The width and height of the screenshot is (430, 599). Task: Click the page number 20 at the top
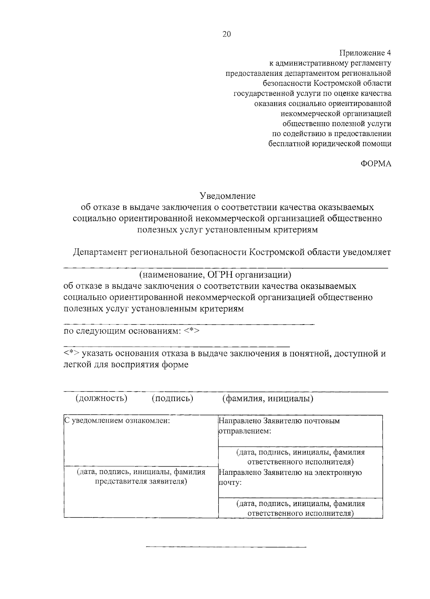point(226,34)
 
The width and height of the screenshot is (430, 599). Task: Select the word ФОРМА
point(376,164)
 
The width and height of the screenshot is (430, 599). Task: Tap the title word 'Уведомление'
point(227,196)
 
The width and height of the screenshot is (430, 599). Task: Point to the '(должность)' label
point(101,398)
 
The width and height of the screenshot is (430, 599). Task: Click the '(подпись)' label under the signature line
point(172,398)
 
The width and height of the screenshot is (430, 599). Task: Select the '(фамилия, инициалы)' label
point(268,398)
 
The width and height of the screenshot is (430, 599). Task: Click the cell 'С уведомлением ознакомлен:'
point(117,421)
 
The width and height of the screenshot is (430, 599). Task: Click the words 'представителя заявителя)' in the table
point(141,482)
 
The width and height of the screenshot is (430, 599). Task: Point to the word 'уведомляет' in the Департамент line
point(367,252)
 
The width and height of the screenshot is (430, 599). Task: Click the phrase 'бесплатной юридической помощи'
point(330,144)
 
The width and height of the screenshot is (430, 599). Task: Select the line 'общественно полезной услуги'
point(336,124)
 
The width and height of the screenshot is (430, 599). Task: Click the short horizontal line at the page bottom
point(226,547)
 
